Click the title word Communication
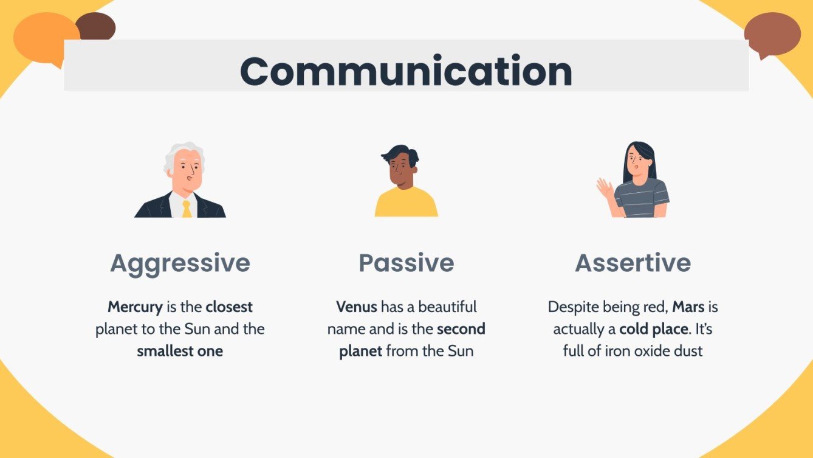[406, 71]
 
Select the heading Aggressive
[180, 263]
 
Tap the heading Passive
[406, 263]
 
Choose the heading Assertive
[633, 263]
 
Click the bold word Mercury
[135, 307]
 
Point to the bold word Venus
[357, 307]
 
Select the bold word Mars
[688, 307]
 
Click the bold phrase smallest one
[180, 351]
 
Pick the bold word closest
[229, 307]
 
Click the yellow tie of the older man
[187, 209]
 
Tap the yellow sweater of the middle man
[406, 204]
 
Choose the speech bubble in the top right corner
[772, 33]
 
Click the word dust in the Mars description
[688, 351]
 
